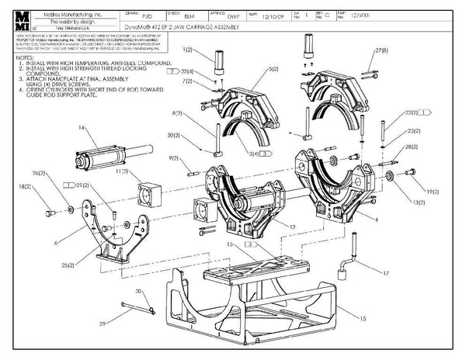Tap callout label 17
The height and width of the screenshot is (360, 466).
coord(386,272)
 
